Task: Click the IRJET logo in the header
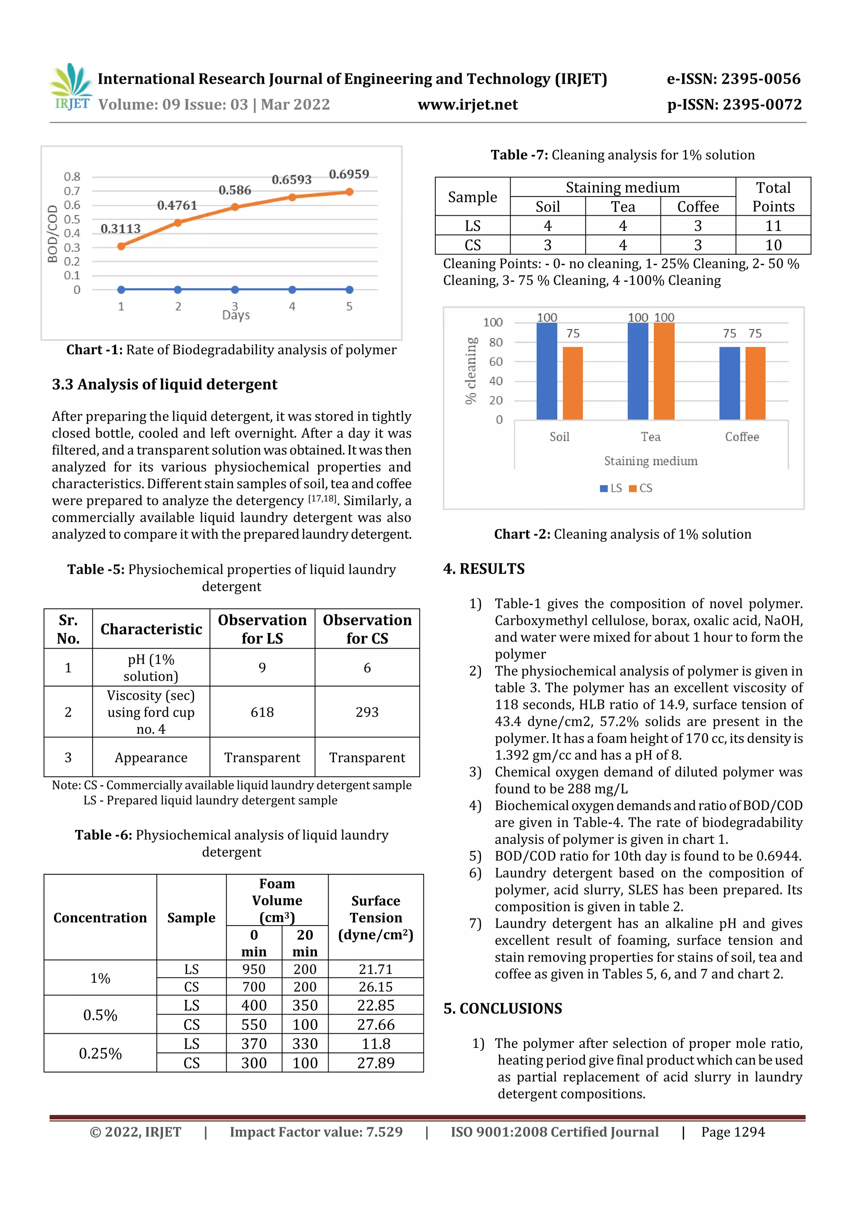(72, 87)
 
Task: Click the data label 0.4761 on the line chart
(177, 205)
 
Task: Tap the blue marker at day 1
(121, 290)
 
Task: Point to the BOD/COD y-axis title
(52, 234)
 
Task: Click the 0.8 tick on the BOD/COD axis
(72, 177)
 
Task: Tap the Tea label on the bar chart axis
(650, 437)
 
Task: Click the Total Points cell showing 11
(773, 226)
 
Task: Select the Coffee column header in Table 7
(698, 207)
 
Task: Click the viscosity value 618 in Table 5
(262, 712)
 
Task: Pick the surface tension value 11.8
(376, 1044)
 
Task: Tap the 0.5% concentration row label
(100, 1015)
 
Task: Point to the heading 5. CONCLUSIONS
(503, 1008)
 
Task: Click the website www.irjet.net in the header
(467, 105)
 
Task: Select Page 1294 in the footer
(732, 1132)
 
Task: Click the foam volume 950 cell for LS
(253, 969)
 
